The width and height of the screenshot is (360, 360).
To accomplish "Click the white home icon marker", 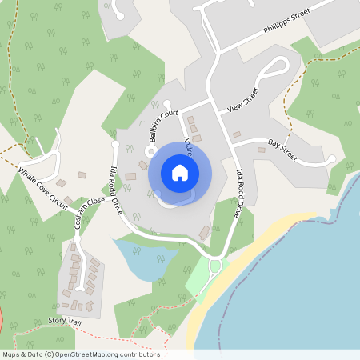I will tap(180, 172).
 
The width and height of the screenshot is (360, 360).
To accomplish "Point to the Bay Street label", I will tap(282, 149).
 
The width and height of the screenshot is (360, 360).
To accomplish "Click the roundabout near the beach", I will tap(214, 265).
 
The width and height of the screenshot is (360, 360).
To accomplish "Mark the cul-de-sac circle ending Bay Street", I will tap(331, 160).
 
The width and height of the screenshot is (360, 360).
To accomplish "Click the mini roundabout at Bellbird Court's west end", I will tap(150, 151).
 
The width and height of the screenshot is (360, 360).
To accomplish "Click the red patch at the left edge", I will tap(2, 316).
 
